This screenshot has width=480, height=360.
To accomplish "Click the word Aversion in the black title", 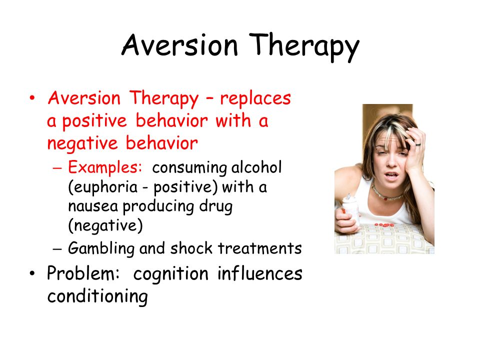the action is [x=179, y=45].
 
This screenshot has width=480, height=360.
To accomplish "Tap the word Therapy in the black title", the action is [x=304, y=47].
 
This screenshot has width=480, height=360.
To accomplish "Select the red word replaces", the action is [x=255, y=99].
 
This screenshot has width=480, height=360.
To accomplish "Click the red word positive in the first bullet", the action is [x=94, y=121].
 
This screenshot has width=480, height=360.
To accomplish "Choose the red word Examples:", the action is [x=105, y=167].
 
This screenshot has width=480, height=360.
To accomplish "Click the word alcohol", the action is [x=256, y=167].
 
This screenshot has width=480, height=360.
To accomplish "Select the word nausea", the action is [x=93, y=206].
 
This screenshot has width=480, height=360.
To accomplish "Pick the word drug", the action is [x=215, y=206].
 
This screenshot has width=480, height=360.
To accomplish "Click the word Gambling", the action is [x=101, y=248].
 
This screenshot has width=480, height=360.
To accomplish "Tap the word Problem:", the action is [x=83, y=273].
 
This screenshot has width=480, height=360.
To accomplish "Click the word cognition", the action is [x=171, y=274].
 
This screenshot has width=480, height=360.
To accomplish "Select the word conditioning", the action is [x=97, y=296].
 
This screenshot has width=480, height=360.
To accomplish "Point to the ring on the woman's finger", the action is [x=418, y=143].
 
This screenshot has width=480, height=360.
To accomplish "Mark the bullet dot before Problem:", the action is [x=32, y=273].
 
